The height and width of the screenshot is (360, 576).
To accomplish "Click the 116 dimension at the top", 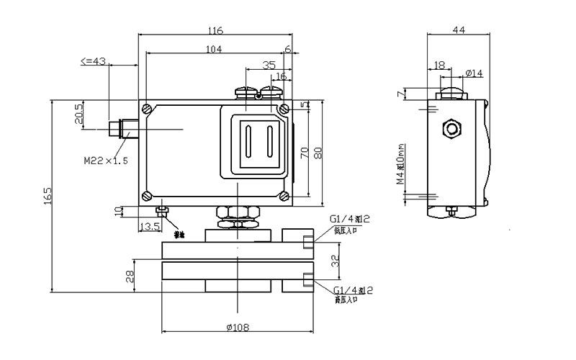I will click(215, 31).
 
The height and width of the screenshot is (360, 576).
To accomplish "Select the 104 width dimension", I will click(213, 49).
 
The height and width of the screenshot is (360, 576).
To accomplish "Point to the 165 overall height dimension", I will click(48, 195).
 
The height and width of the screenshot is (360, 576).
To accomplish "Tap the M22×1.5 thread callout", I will click(105, 161).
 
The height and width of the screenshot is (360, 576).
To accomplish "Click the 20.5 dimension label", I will click(79, 114).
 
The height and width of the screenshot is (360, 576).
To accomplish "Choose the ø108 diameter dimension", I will click(237, 328).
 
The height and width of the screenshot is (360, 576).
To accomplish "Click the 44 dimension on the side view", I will click(458, 30).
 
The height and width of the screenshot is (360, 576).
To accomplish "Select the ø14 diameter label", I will click(474, 73).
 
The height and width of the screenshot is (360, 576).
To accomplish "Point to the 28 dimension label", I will click(130, 277).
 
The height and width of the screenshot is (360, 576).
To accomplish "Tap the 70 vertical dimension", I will click(305, 153).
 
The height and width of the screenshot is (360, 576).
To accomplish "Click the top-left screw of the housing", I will click(147, 109).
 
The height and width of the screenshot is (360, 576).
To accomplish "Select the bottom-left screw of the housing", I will click(147, 195).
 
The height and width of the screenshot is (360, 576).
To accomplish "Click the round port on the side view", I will click(452, 129).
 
